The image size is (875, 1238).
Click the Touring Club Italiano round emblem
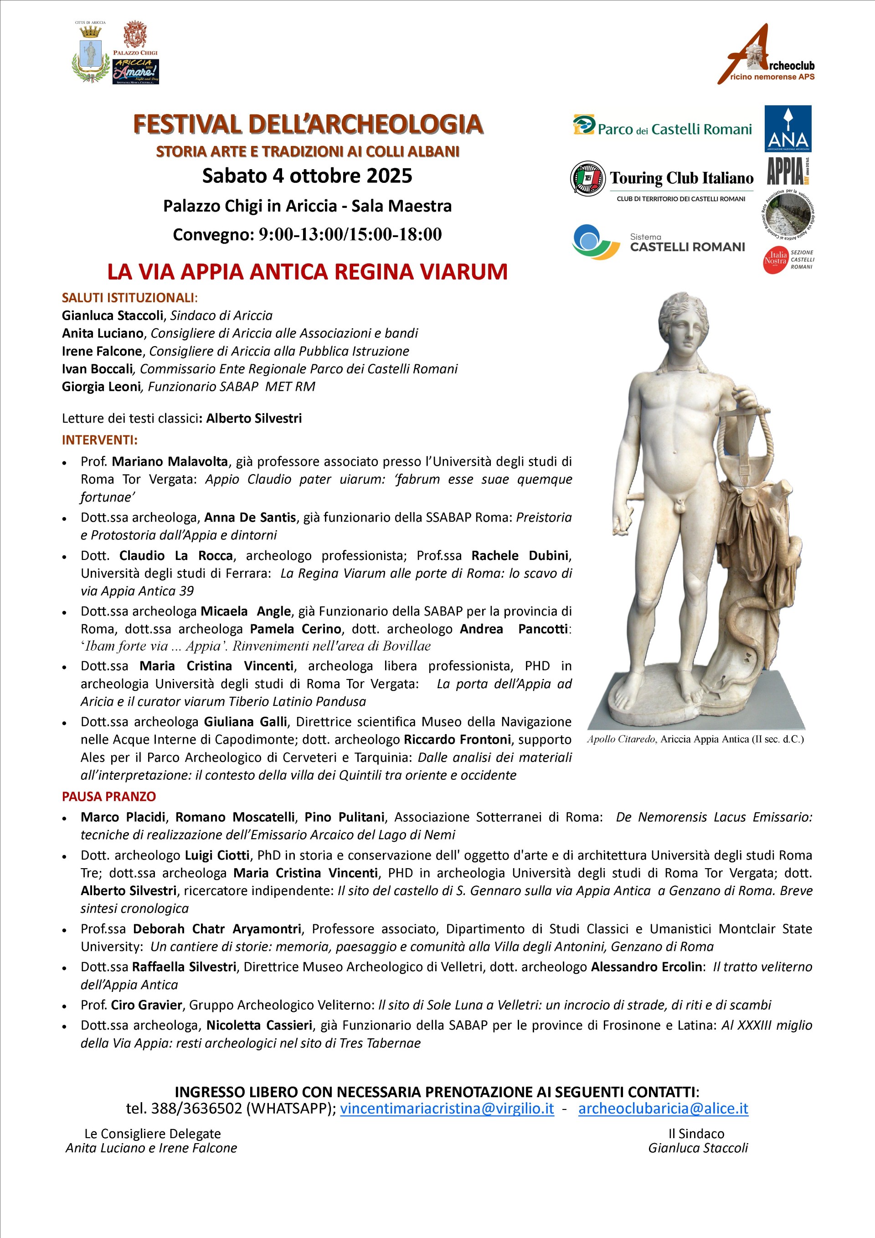[x=588, y=178]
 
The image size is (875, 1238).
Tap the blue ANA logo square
[x=787, y=128]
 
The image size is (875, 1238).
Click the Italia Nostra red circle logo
[x=776, y=259]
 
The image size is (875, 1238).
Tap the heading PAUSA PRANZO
[x=109, y=797]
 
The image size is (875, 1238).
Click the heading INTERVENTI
[x=100, y=440]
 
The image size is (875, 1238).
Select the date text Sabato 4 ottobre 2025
[x=307, y=176]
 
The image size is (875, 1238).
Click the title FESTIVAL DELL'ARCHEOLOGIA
[x=308, y=124]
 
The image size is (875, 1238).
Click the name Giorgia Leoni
[x=101, y=387]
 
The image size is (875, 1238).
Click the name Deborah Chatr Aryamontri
[x=217, y=928]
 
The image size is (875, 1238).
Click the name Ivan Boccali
[x=97, y=369]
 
